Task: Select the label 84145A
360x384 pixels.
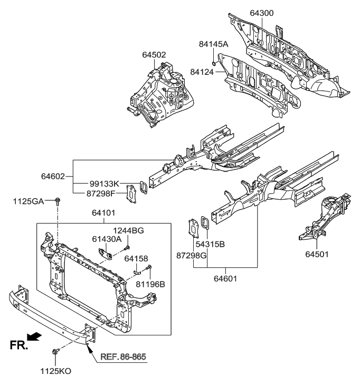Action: click(x=214, y=44)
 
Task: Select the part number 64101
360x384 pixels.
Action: click(x=103, y=214)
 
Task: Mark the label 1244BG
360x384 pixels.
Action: click(x=128, y=231)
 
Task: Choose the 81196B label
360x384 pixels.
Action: click(x=151, y=284)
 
